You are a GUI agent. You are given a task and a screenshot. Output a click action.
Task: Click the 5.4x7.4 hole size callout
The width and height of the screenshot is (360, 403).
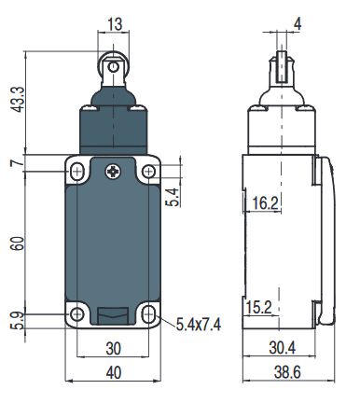tap(200, 324)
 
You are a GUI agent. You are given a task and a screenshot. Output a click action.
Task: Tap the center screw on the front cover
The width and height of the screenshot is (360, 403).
tap(112, 171)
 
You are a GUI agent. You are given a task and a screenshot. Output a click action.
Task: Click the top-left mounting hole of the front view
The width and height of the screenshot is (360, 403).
tap(77, 172)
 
